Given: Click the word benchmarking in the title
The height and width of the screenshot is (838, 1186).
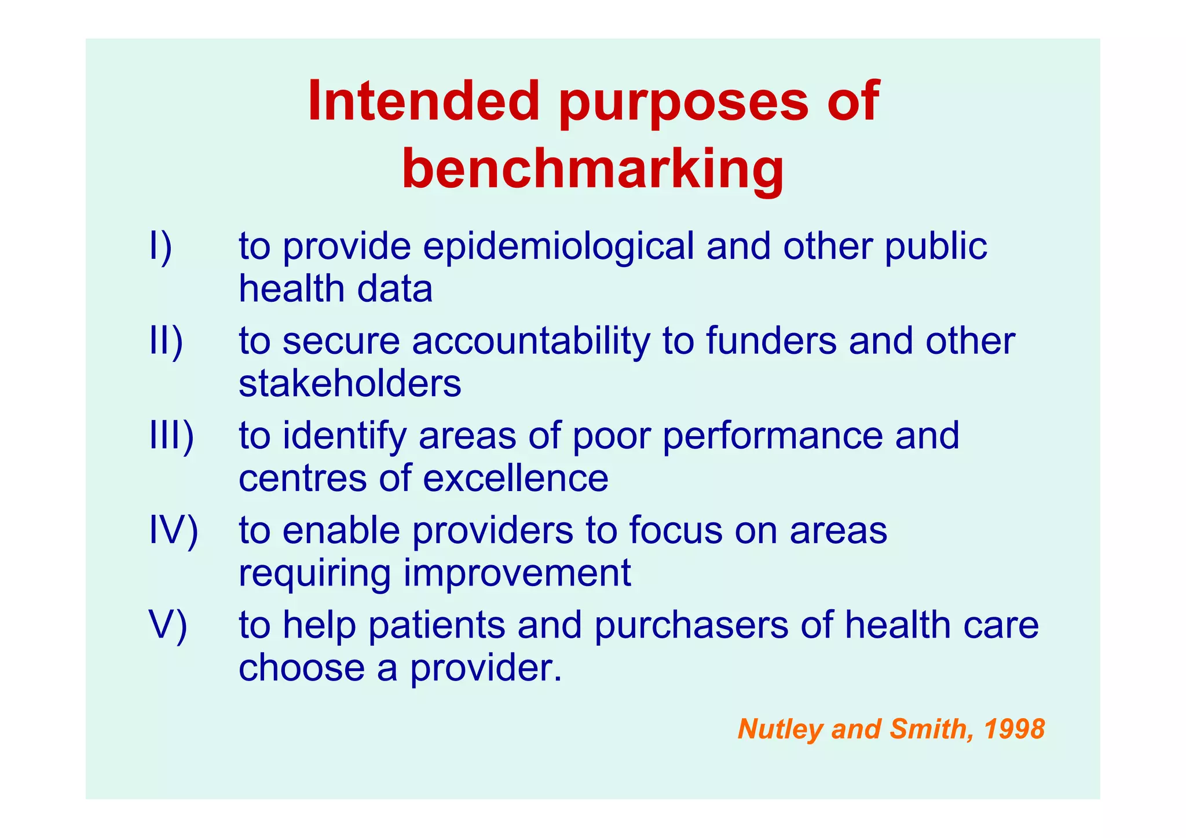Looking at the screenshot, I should (x=592, y=168).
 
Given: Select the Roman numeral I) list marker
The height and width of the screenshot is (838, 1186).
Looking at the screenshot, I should (x=160, y=247).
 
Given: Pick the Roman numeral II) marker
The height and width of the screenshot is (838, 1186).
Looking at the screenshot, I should (x=166, y=341).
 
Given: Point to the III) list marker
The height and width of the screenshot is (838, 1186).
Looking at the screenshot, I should (x=171, y=436).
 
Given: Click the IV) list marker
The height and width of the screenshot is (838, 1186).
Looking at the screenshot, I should (x=173, y=530).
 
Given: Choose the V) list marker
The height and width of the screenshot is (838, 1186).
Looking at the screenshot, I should (x=168, y=625).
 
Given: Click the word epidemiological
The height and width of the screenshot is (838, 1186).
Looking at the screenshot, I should (x=558, y=247).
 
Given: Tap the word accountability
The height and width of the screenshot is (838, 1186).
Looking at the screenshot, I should (x=531, y=341).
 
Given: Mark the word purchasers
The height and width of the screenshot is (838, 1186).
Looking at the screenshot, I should (x=691, y=625).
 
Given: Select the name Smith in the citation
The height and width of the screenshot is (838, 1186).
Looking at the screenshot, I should (x=927, y=729).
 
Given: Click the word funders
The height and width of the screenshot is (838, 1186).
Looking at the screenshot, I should (x=771, y=341).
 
